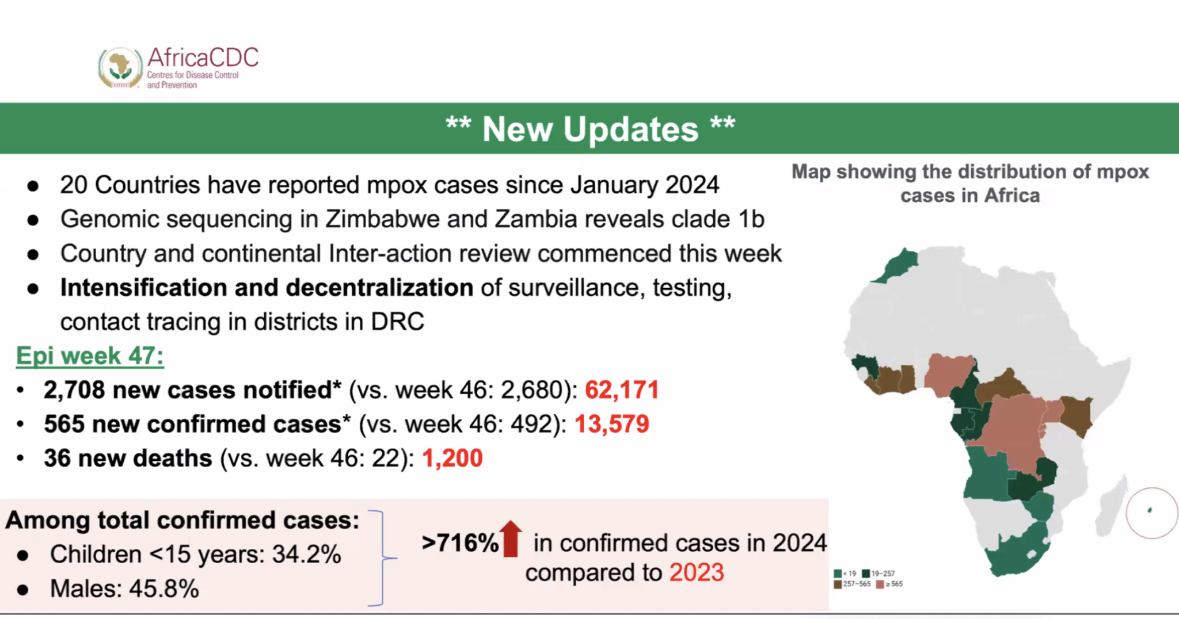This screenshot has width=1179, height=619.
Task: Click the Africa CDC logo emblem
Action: click(120, 67)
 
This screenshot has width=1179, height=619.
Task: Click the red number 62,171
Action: click(622, 390)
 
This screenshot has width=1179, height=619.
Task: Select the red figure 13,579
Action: click(611, 424)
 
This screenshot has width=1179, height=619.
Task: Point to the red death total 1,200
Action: click(452, 458)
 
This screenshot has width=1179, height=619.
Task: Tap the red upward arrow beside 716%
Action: click(511, 538)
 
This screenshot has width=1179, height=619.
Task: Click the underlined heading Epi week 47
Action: click(90, 356)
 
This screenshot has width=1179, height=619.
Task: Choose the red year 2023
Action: click(696, 572)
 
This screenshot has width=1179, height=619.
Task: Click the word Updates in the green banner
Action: click(630, 129)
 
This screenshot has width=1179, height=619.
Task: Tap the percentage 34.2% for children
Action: click(306, 555)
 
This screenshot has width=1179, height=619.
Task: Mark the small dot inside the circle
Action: click(1150, 510)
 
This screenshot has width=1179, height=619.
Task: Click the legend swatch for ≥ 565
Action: click(880, 584)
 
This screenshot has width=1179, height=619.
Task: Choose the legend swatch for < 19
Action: click(838, 574)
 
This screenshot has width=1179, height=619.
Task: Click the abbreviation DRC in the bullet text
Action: click(397, 322)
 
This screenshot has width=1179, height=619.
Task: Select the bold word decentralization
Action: click(379, 288)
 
